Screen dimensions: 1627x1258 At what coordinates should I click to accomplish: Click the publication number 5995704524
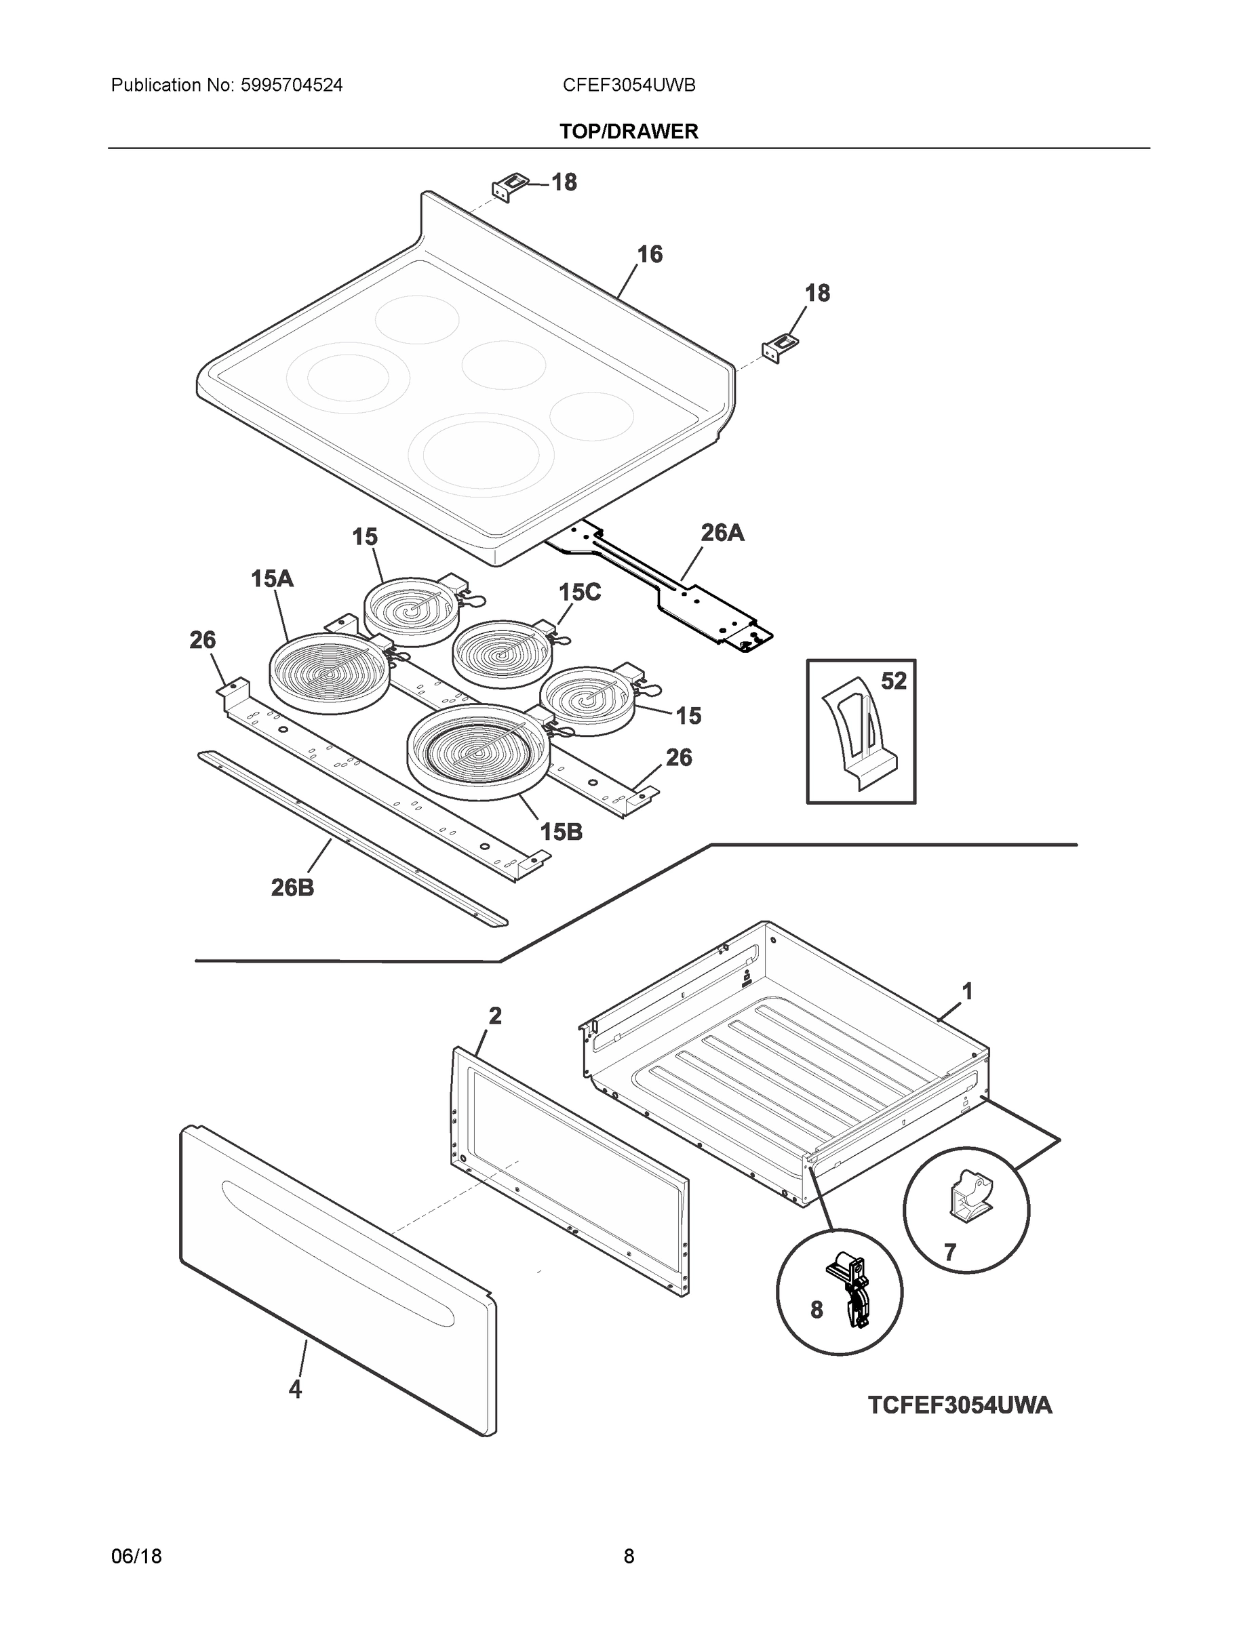pyautogui.click(x=292, y=85)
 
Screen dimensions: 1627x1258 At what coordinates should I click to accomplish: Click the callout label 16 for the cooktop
pyautogui.click(x=649, y=255)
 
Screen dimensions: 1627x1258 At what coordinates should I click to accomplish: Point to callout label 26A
pyautogui.click(x=722, y=533)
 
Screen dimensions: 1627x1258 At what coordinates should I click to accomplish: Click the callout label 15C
pyautogui.click(x=579, y=592)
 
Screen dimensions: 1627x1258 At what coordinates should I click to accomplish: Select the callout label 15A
pyautogui.click(x=272, y=578)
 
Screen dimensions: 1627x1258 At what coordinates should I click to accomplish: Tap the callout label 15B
pyautogui.click(x=560, y=832)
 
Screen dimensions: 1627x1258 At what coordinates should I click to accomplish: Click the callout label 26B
pyautogui.click(x=292, y=887)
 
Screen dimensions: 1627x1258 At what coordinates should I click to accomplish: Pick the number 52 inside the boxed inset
pyautogui.click(x=894, y=681)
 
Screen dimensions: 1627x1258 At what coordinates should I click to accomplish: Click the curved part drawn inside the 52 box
pyautogui.click(x=857, y=734)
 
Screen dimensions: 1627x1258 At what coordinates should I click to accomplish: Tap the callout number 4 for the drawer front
pyautogui.click(x=295, y=1388)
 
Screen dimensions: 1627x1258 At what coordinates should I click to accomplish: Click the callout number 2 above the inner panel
pyautogui.click(x=495, y=1016)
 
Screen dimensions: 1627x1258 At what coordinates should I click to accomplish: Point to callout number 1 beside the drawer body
pyautogui.click(x=966, y=992)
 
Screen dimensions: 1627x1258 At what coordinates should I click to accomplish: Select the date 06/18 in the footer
pyautogui.click(x=136, y=1556)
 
